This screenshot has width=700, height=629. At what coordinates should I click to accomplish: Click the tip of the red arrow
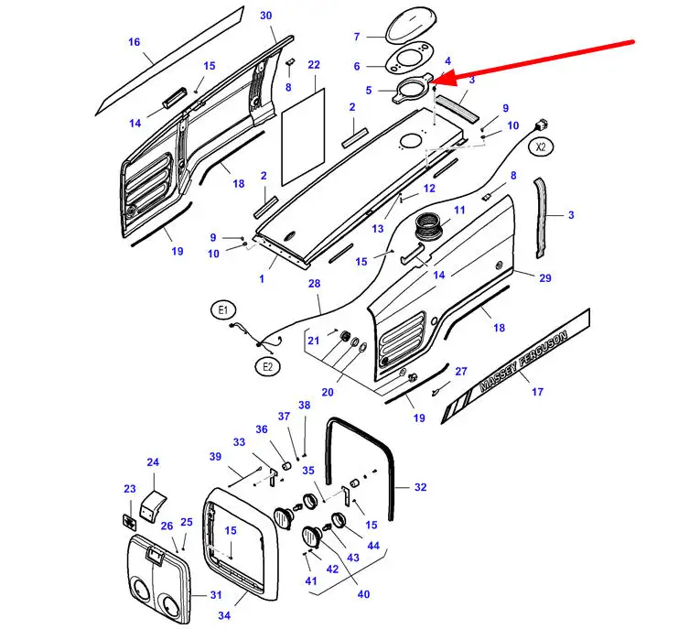(432, 81)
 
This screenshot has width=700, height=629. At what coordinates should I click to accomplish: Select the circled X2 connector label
(541, 147)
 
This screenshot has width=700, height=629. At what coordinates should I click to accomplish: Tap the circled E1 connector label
(222, 310)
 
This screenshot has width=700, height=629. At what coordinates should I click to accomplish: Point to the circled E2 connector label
(267, 367)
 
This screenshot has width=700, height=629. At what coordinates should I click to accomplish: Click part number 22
(314, 65)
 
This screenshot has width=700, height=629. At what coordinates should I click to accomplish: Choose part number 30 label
(266, 16)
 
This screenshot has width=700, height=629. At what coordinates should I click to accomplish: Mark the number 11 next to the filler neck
(459, 210)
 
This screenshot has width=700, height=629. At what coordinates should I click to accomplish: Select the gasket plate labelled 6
(409, 61)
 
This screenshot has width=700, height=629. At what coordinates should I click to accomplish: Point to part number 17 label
(537, 392)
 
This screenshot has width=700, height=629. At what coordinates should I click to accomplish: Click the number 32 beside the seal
(421, 487)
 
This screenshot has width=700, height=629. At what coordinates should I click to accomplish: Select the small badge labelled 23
(129, 522)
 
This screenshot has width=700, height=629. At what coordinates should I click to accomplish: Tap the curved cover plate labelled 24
(153, 505)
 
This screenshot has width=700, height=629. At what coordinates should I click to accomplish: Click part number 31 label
(216, 595)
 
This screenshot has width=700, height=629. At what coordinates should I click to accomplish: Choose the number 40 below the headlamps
(364, 594)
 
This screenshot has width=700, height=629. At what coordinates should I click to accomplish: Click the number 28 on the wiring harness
(314, 284)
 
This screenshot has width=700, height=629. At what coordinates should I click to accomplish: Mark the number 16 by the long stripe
(135, 42)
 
